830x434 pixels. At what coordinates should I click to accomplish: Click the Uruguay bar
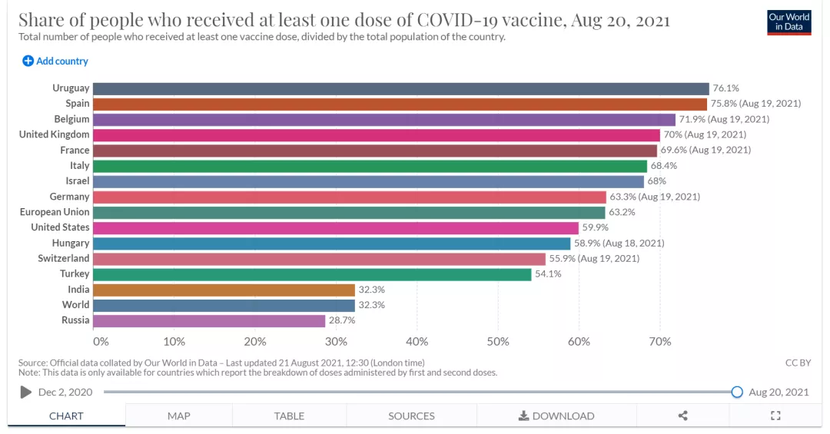point(401,88)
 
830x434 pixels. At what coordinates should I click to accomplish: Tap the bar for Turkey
point(312,274)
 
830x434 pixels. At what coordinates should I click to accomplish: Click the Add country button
point(55,61)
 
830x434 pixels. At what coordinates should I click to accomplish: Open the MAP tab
point(178,416)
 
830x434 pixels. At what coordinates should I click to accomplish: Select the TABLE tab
point(289,416)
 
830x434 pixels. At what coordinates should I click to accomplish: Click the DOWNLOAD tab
point(556,416)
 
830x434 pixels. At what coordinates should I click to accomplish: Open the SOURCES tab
point(411,416)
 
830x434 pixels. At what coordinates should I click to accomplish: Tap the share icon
point(682,416)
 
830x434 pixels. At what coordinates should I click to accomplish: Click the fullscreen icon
point(775,416)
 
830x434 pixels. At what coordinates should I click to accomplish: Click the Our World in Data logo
point(789,22)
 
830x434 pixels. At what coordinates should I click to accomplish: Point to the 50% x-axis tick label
point(498,341)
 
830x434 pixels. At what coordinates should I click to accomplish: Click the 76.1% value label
point(726,88)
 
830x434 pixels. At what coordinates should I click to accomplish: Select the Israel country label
point(78,181)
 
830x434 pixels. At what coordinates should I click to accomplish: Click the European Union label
point(55,212)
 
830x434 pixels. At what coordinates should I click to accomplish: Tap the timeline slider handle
point(737,392)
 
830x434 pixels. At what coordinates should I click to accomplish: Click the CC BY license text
point(797,363)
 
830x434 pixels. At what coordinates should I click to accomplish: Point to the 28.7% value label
point(342,320)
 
